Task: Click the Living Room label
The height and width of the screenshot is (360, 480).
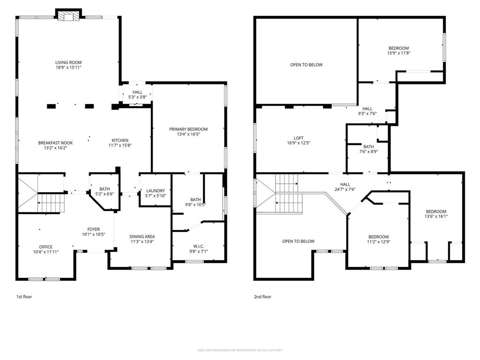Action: [68, 62]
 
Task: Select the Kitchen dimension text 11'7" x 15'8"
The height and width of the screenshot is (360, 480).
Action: [120, 145]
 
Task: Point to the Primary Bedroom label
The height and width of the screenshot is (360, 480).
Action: [188, 129]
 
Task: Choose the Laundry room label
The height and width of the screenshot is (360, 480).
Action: [155, 191]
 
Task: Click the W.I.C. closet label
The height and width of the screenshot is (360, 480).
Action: [199, 247]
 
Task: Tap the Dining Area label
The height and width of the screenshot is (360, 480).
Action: [142, 236]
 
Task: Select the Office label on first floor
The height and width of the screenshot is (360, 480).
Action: [46, 247]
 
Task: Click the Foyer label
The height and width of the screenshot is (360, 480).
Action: [93, 230]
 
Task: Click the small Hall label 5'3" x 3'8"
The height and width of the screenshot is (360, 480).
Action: [137, 92]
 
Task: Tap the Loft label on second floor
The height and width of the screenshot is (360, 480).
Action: [299, 138]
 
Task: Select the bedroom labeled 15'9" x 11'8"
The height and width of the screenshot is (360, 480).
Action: [398, 48]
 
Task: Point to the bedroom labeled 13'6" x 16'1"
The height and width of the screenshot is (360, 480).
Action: [435, 211]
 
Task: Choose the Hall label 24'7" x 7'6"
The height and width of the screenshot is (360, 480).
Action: [345, 184]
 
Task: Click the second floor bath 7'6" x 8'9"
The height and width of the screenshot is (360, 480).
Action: [368, 146]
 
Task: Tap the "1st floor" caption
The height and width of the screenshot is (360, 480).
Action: [24, 297]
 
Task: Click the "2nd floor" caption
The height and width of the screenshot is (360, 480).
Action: [263, 297]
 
